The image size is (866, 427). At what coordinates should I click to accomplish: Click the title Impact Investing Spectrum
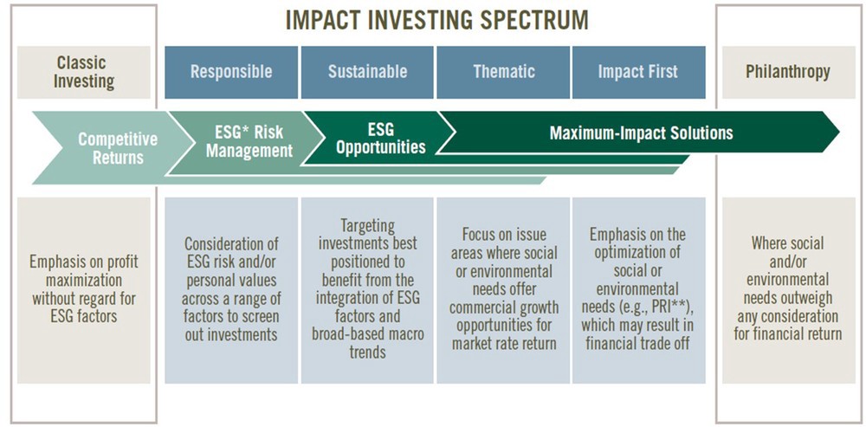pos(436,21)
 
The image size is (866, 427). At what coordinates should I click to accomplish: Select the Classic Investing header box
pos(83,73)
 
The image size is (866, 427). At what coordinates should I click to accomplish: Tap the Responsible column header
pos(231,72)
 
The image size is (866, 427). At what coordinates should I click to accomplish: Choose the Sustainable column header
pos(367,72)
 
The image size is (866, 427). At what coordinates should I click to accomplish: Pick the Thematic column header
pos(504,72)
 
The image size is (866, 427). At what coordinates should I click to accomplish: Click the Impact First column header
pos(638,72)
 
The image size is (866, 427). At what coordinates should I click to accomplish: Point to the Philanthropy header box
pos(788,73)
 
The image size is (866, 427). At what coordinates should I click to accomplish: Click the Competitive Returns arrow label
pos(118,148)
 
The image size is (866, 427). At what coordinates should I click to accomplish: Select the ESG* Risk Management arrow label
pos(249,141)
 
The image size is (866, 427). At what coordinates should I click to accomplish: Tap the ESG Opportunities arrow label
pos(381,138)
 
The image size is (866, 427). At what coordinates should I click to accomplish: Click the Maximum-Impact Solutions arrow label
pos(641,133)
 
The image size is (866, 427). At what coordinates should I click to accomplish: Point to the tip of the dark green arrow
pos(839,132)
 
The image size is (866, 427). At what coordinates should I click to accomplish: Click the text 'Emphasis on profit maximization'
pos(83,271)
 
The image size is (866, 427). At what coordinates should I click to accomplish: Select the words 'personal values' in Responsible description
pos(230,280)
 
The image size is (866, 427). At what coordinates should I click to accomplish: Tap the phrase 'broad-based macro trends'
pos(368,343)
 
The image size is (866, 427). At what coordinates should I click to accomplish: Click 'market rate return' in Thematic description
pos(504,344)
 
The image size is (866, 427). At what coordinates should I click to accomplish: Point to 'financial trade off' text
pos(638,344)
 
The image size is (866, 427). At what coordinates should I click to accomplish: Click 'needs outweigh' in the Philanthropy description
pos(787,298)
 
